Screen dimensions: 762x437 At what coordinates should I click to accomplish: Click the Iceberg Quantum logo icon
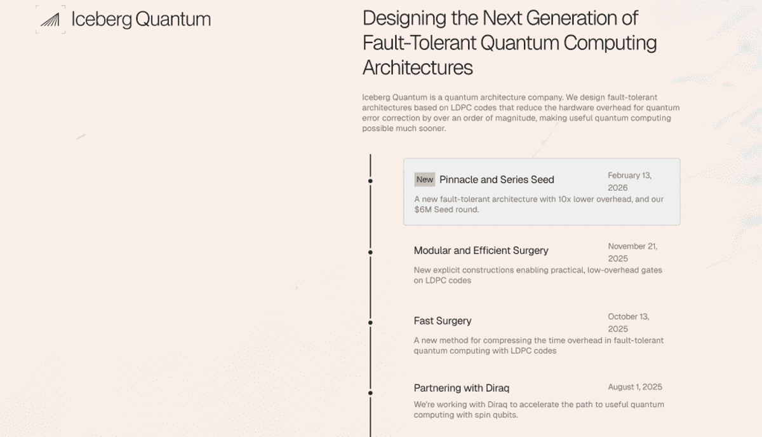coord(50,20)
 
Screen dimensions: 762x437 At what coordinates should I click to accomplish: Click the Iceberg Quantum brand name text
coord(141,19)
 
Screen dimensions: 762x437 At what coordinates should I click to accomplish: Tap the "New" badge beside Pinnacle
coord(425,179)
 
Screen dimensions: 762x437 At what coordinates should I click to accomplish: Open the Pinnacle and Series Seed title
coord(497,179)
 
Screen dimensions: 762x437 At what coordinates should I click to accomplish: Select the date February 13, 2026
coord(630,182)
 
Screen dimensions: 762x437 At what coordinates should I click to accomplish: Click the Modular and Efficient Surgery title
coord(481,251)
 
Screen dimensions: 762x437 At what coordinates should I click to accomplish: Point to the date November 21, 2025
coord(632,253)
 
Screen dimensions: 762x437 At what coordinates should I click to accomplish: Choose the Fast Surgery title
coord(443,321)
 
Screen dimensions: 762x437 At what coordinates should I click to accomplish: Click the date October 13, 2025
coord(629,323)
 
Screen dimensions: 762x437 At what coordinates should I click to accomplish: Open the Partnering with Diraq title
coord(462,388)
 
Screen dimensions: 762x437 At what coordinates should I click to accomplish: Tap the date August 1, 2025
coord(635,387)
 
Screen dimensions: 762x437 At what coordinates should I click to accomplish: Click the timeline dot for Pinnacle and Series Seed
coord(370,181)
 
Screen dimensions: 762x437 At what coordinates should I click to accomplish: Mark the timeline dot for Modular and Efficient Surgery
coord(370,253)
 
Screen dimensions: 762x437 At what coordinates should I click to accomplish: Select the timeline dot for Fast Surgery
coord(370,323)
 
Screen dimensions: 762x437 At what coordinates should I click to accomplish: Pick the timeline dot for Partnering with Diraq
coord(370,393)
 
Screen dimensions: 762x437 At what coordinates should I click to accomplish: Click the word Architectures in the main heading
coord(418,67)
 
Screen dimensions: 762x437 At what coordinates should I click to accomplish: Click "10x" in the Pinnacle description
coord(565,199)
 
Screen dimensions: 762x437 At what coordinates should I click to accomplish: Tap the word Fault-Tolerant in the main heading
coord(419,43)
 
